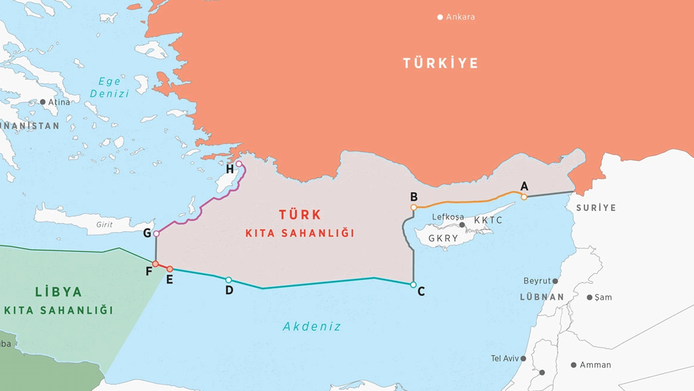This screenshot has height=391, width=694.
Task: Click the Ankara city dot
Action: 440,17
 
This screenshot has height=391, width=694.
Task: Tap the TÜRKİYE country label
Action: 440,63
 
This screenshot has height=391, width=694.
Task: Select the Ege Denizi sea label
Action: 110,87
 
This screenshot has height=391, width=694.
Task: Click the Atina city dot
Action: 43,102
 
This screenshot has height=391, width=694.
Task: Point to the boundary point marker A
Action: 524,197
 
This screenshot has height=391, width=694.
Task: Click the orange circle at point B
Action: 414,207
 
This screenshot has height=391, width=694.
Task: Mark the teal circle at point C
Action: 413,285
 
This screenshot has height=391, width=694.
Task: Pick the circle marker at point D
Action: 228,280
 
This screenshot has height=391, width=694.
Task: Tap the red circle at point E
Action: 170,269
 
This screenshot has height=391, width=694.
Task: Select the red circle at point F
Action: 155,264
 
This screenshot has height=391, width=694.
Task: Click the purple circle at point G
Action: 156,234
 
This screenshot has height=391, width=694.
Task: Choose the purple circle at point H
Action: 239,163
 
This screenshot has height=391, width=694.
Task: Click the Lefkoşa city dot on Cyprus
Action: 462,224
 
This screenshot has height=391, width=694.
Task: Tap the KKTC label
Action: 488,220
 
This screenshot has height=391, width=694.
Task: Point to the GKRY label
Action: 443,238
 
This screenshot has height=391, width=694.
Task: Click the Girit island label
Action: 104,224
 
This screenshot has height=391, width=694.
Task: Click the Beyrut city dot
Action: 555,281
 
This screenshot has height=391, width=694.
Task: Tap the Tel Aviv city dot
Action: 523,358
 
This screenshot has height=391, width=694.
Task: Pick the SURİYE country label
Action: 596,208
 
